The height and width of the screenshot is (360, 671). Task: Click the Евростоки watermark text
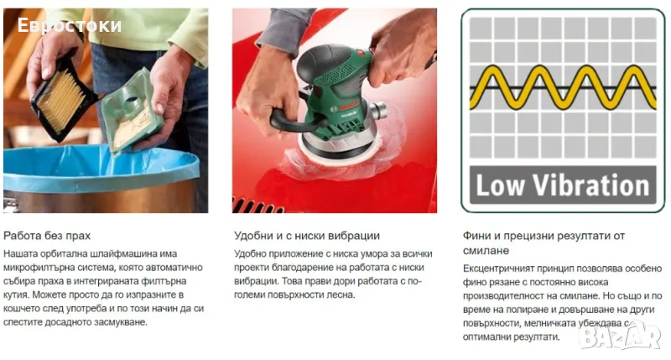70,26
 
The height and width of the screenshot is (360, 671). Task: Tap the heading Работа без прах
47,236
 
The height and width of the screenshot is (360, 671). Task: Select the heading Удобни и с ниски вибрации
307,236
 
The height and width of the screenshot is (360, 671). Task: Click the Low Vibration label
563,185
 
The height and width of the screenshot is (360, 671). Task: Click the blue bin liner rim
101,169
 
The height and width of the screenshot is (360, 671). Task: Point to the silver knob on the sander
378,111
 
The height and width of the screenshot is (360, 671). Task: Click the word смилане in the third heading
486,251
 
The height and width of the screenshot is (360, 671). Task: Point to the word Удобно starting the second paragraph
249,253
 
